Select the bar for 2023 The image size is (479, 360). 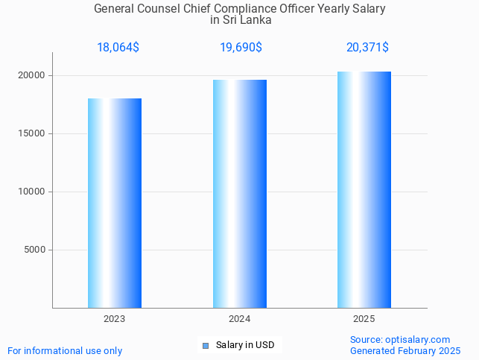click(115, 203)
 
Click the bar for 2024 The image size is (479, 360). click(240, 194)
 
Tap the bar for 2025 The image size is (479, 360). click(364, 189)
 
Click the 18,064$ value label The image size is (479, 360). click(118, 48)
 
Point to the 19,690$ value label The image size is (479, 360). click(240, 48)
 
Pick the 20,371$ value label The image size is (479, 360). click(367, 48)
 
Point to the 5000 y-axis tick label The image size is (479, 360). click(35, 250)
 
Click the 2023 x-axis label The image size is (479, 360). click(115, 319)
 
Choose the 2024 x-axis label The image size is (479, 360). click(240, 319)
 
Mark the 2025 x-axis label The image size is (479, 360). click(364, 319)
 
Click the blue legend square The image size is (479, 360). click(206, 345)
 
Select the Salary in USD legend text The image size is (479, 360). click(245, 345)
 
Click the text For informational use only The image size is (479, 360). click(65, 350)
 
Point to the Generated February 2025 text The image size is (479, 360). click(405, 350)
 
